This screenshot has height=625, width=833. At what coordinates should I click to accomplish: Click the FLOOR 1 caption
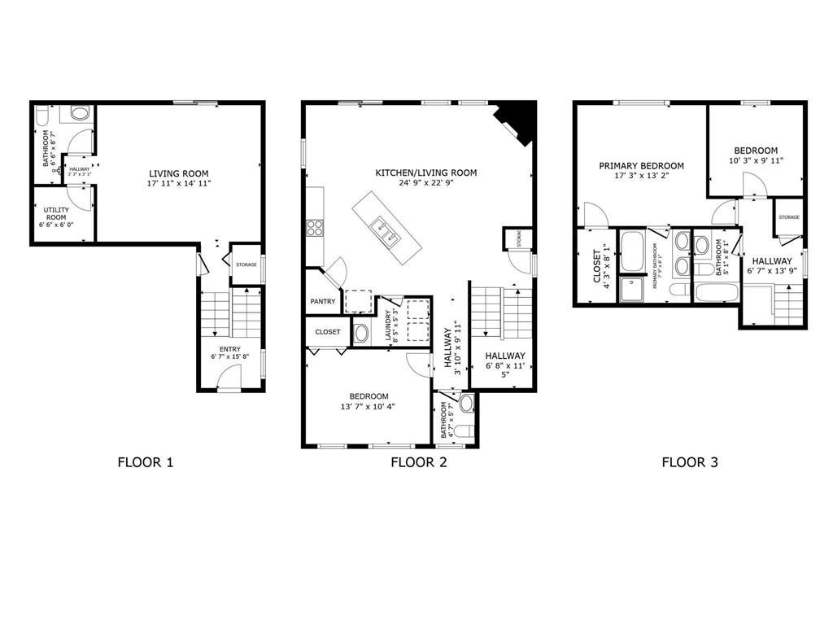pos(146,463)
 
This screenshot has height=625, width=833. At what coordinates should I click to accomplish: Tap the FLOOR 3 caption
pos(689,463)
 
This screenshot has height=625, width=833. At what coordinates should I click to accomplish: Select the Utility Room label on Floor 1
pos(56,213)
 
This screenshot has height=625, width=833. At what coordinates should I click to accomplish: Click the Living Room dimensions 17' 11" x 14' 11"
pos(178,184)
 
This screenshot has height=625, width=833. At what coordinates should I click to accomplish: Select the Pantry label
pos(322,302)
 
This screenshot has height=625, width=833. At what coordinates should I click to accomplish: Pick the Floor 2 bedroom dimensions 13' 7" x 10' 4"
pos(369,406)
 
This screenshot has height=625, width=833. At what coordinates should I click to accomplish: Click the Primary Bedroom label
pos(641,166)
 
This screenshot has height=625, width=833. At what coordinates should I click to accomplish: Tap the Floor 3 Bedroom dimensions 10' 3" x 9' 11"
pos(756,161)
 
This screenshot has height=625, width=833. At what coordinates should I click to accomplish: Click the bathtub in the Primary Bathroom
pos(631,251)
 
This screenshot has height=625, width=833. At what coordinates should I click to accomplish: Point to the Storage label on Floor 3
pos(788,217)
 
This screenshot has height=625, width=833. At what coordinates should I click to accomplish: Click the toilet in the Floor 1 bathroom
pos(80,113)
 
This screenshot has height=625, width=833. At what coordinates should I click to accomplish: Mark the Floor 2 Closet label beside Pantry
pos(327,332)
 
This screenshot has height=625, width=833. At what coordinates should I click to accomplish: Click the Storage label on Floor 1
pos(246,264)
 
